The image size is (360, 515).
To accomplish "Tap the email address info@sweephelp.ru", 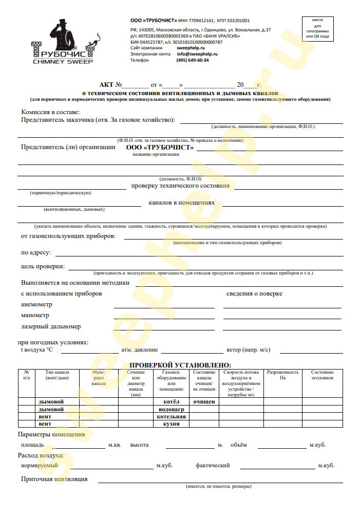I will coord(197,53).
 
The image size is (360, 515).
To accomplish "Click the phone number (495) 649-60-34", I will coord(193,60).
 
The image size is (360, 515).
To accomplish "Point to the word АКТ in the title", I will coord(107,84).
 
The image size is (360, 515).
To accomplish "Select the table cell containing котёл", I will coord(171,401).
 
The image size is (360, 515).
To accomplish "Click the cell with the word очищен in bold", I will coord(204,401).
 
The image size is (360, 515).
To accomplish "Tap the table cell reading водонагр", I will coord(171,409).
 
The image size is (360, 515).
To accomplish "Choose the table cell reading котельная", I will coord(171,416).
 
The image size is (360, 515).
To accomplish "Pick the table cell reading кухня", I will coord(171,424).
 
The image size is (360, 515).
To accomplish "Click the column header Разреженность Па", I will coord(282,375).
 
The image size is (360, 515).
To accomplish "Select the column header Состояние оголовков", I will coord(323,375).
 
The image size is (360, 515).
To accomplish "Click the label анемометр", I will coord(36,304).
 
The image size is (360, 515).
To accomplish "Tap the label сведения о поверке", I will coord(254,293).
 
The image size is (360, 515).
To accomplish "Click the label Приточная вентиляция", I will coord(54,479).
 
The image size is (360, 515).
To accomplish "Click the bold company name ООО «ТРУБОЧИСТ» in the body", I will coord(160,147).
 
